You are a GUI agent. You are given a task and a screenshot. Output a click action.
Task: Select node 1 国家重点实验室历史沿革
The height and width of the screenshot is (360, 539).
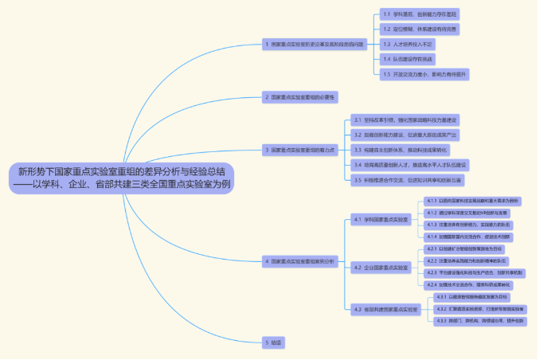click(x=315, y=44)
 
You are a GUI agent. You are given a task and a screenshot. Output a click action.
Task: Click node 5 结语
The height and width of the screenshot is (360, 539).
click(x=274, y=342)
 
